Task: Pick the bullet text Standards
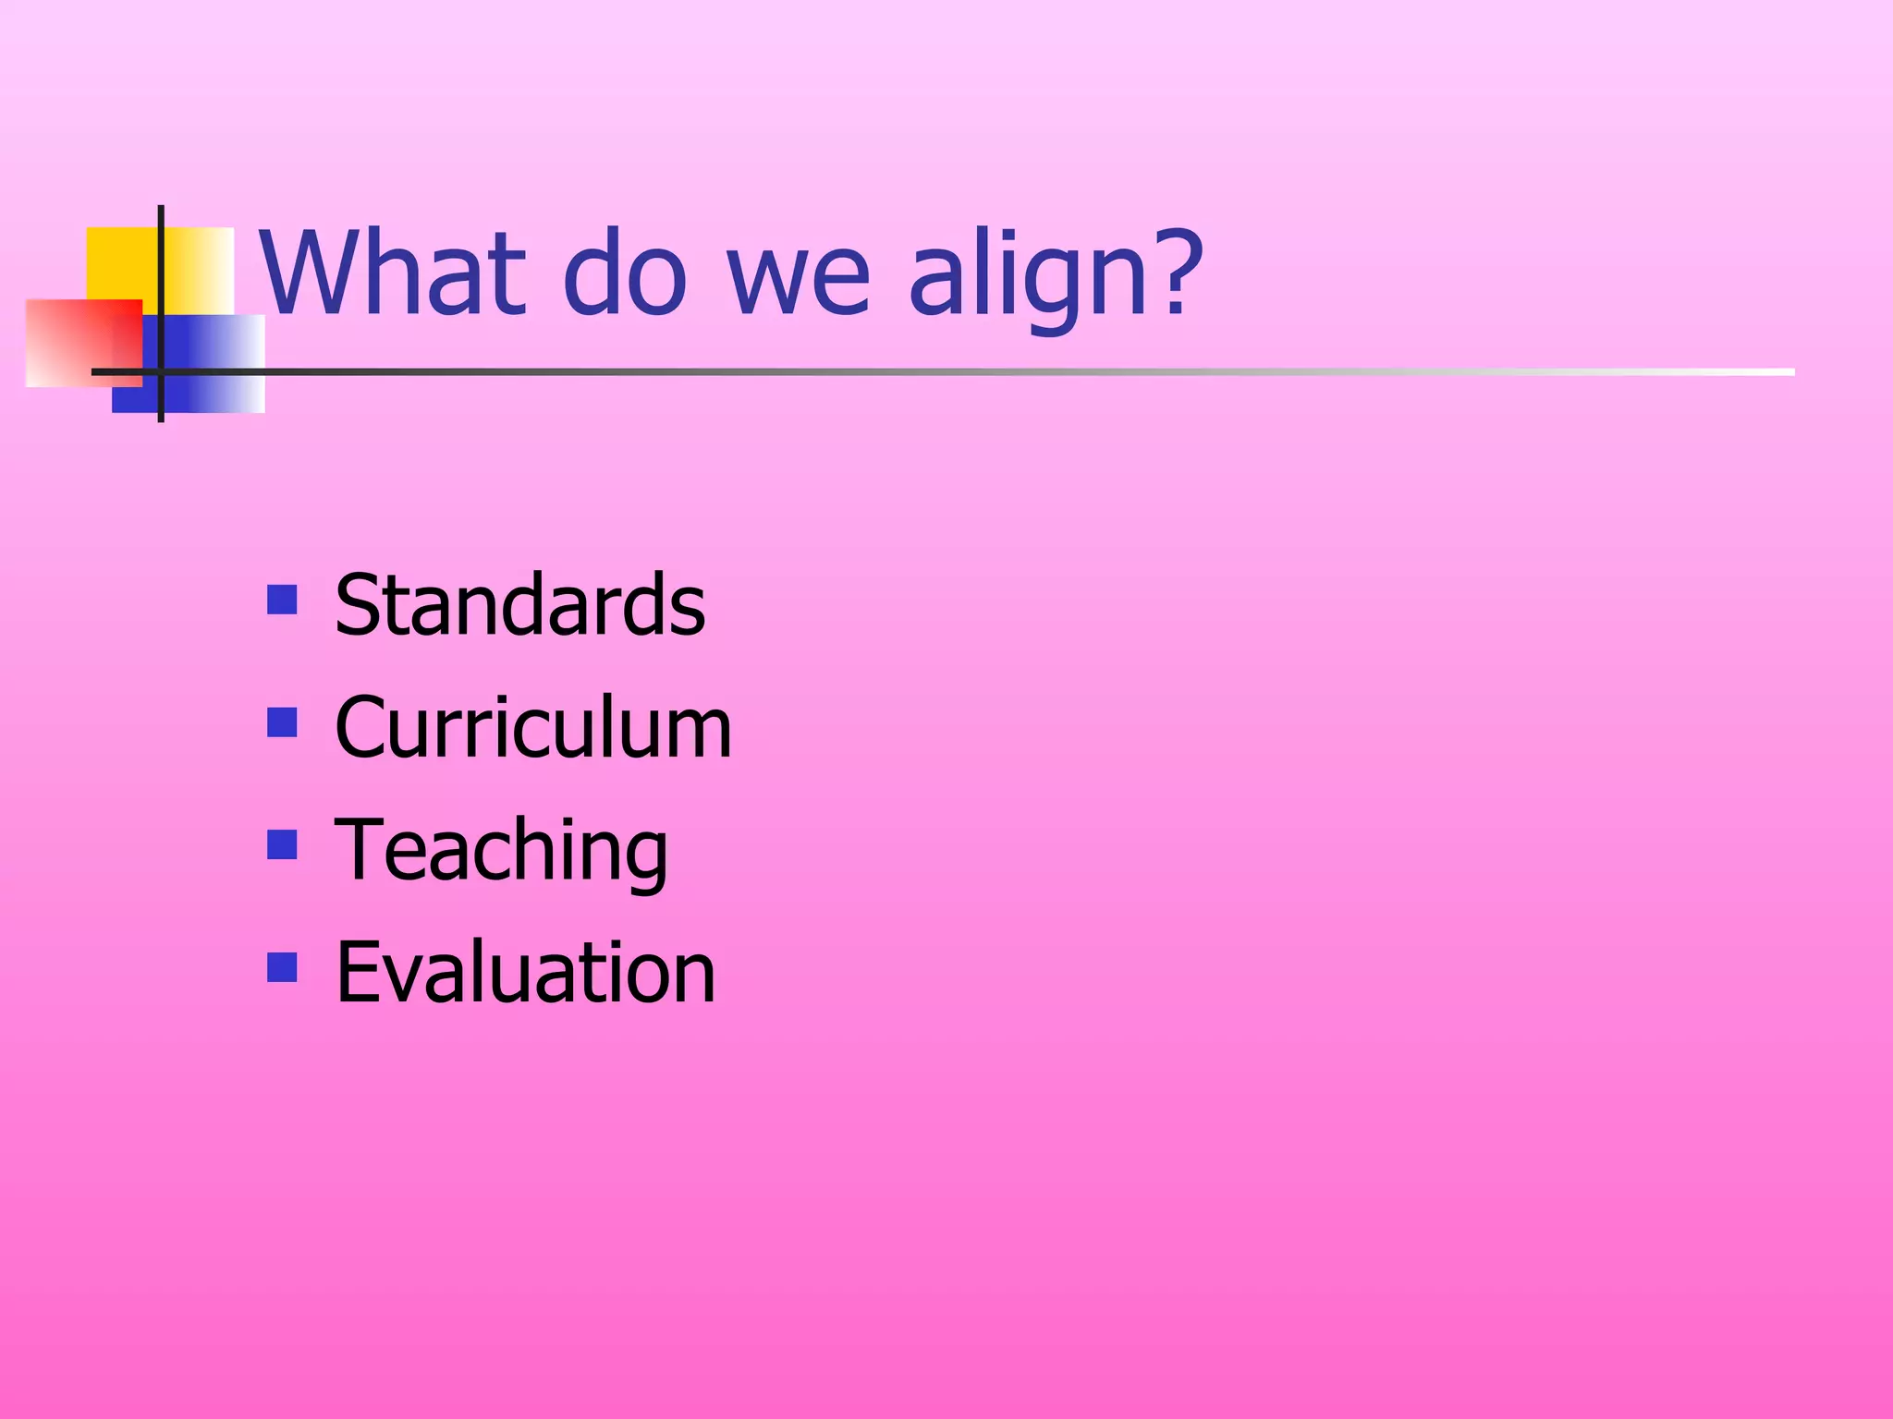click(x=519, y=605)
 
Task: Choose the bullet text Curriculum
click(x=533, y=728)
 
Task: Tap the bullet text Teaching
click(x=501, y=851)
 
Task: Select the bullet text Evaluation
click(x=525, y=972)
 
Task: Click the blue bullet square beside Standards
click(x=282, y=600)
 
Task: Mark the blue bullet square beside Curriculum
click(x=282, y=722)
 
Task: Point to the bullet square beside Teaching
click(x=282, y=844)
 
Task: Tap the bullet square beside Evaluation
click(x=282, y=966)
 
